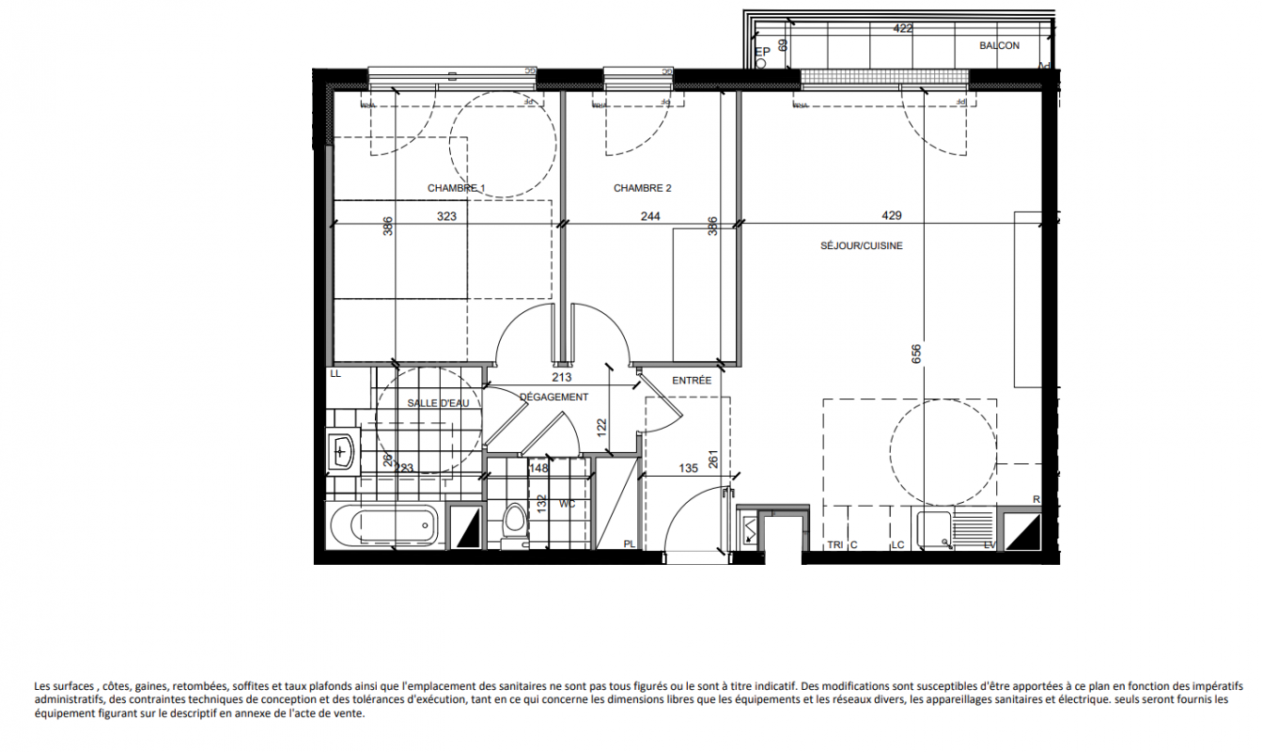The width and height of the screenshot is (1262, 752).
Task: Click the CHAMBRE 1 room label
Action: (457, 188)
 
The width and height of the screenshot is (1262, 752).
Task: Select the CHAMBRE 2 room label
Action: (642, 188)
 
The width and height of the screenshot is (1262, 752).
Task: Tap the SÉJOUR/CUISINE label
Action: (862, 245)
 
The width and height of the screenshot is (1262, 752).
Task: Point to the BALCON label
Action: (1000, 46)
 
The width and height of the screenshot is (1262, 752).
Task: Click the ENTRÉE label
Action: (692, 381)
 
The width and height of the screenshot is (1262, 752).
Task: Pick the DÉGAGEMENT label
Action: (553, 397)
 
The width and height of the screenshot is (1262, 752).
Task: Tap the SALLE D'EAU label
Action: (438, 403)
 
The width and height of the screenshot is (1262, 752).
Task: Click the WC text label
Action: (567, 504)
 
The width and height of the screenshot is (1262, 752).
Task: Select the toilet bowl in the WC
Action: (514, 522)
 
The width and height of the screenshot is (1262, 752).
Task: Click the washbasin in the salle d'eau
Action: (341, 451)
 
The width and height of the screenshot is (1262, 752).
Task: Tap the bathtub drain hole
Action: (426, 525)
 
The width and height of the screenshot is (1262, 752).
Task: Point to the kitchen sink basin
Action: (934, 530)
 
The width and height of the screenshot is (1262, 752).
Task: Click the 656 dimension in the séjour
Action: (916, 353)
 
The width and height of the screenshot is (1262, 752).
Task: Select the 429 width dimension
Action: (892, 215)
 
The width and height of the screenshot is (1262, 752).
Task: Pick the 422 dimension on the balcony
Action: (903, 28)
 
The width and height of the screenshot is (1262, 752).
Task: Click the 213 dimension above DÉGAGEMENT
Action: (562, 377)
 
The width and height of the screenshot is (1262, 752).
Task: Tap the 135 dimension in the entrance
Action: (689, 468)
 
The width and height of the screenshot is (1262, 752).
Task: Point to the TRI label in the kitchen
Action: (835, 544)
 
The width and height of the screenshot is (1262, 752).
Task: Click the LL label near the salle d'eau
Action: (335, 374)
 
